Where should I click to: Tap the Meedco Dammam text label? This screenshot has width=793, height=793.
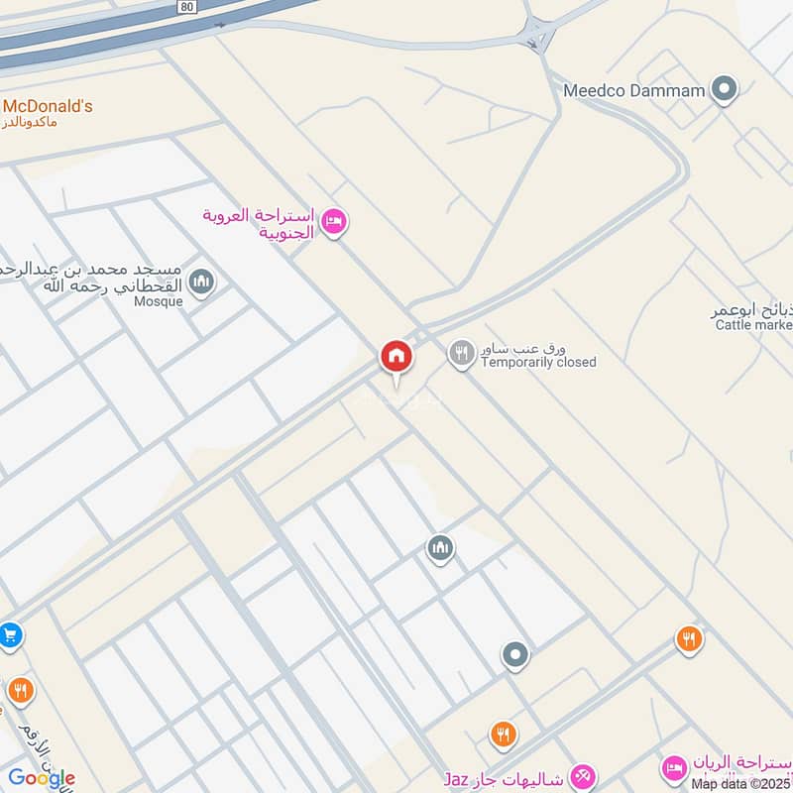coord(633,90)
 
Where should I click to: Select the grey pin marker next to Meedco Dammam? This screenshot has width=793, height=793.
coord(726,90)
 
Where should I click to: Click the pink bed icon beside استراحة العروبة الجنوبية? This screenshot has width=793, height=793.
coord(335,221)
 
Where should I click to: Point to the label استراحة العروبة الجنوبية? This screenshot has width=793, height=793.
coord(259,224)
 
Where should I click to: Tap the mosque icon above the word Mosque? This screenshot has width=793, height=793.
coord(202,283)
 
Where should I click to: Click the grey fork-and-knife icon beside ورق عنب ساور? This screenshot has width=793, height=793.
coord(461,353)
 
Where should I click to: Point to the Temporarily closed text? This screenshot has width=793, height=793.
coord(538,363)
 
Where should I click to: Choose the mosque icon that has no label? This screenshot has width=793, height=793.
coord(440,547)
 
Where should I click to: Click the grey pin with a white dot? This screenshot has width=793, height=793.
coord(514,654)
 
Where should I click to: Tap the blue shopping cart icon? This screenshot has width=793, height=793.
coord(10,633)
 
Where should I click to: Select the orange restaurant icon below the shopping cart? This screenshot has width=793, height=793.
coord(19,690)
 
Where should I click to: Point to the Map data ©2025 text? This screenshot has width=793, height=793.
coord(741,784)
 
